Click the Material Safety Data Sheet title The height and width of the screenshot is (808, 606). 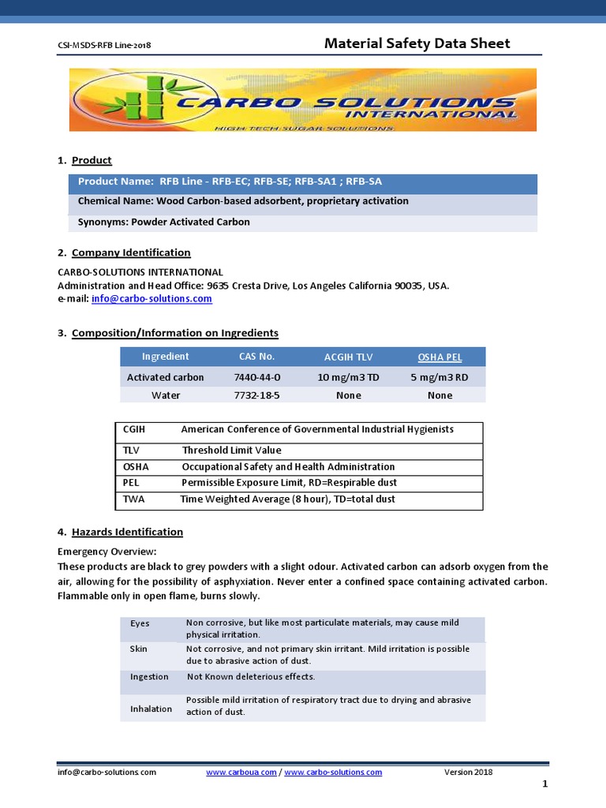tap(417, 43)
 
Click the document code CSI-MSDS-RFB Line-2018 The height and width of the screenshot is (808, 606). tap(104, 45)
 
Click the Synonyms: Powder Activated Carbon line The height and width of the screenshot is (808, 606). tap(164, 222)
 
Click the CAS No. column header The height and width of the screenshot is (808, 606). tap(256, 357)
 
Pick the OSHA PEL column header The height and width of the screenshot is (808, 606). tap(440, 357)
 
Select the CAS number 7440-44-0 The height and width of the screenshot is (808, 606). tap(256, 377)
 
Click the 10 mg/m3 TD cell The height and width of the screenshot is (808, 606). tap(348, 377)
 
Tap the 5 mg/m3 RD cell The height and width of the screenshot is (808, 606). tap(440, 377)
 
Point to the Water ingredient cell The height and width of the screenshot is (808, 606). tap(166, 395)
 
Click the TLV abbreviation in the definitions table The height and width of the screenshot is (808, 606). tap(131, 451)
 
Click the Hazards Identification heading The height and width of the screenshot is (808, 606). tap(127, 532)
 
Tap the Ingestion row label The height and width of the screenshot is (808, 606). tap(149, 677)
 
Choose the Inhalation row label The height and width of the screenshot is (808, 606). tap(151, 709)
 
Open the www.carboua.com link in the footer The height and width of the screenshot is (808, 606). tap(241, 772)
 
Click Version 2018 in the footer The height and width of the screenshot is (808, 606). tap(469, 772)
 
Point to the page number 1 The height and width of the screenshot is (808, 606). tap(544, 784)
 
